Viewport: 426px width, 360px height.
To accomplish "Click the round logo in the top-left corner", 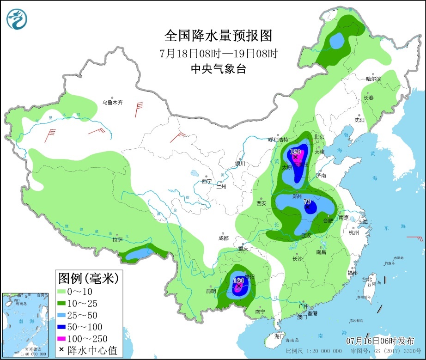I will coord(17,19).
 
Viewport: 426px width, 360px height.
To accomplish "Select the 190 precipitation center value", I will coord(295,152).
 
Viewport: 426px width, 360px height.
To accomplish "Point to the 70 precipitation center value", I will coord(307,202).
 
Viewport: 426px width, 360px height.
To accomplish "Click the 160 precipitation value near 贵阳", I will coord(238,281).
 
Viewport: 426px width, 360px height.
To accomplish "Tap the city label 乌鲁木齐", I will coord(113,103).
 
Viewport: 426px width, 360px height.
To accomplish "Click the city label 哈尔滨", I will coord(373,79).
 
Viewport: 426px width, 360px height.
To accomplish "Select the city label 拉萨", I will coord(117,240).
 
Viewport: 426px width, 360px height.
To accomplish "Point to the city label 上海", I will coord(363,221).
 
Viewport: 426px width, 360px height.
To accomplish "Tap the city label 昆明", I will coord(211,292).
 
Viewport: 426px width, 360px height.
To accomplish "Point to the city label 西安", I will coord(261,203).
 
